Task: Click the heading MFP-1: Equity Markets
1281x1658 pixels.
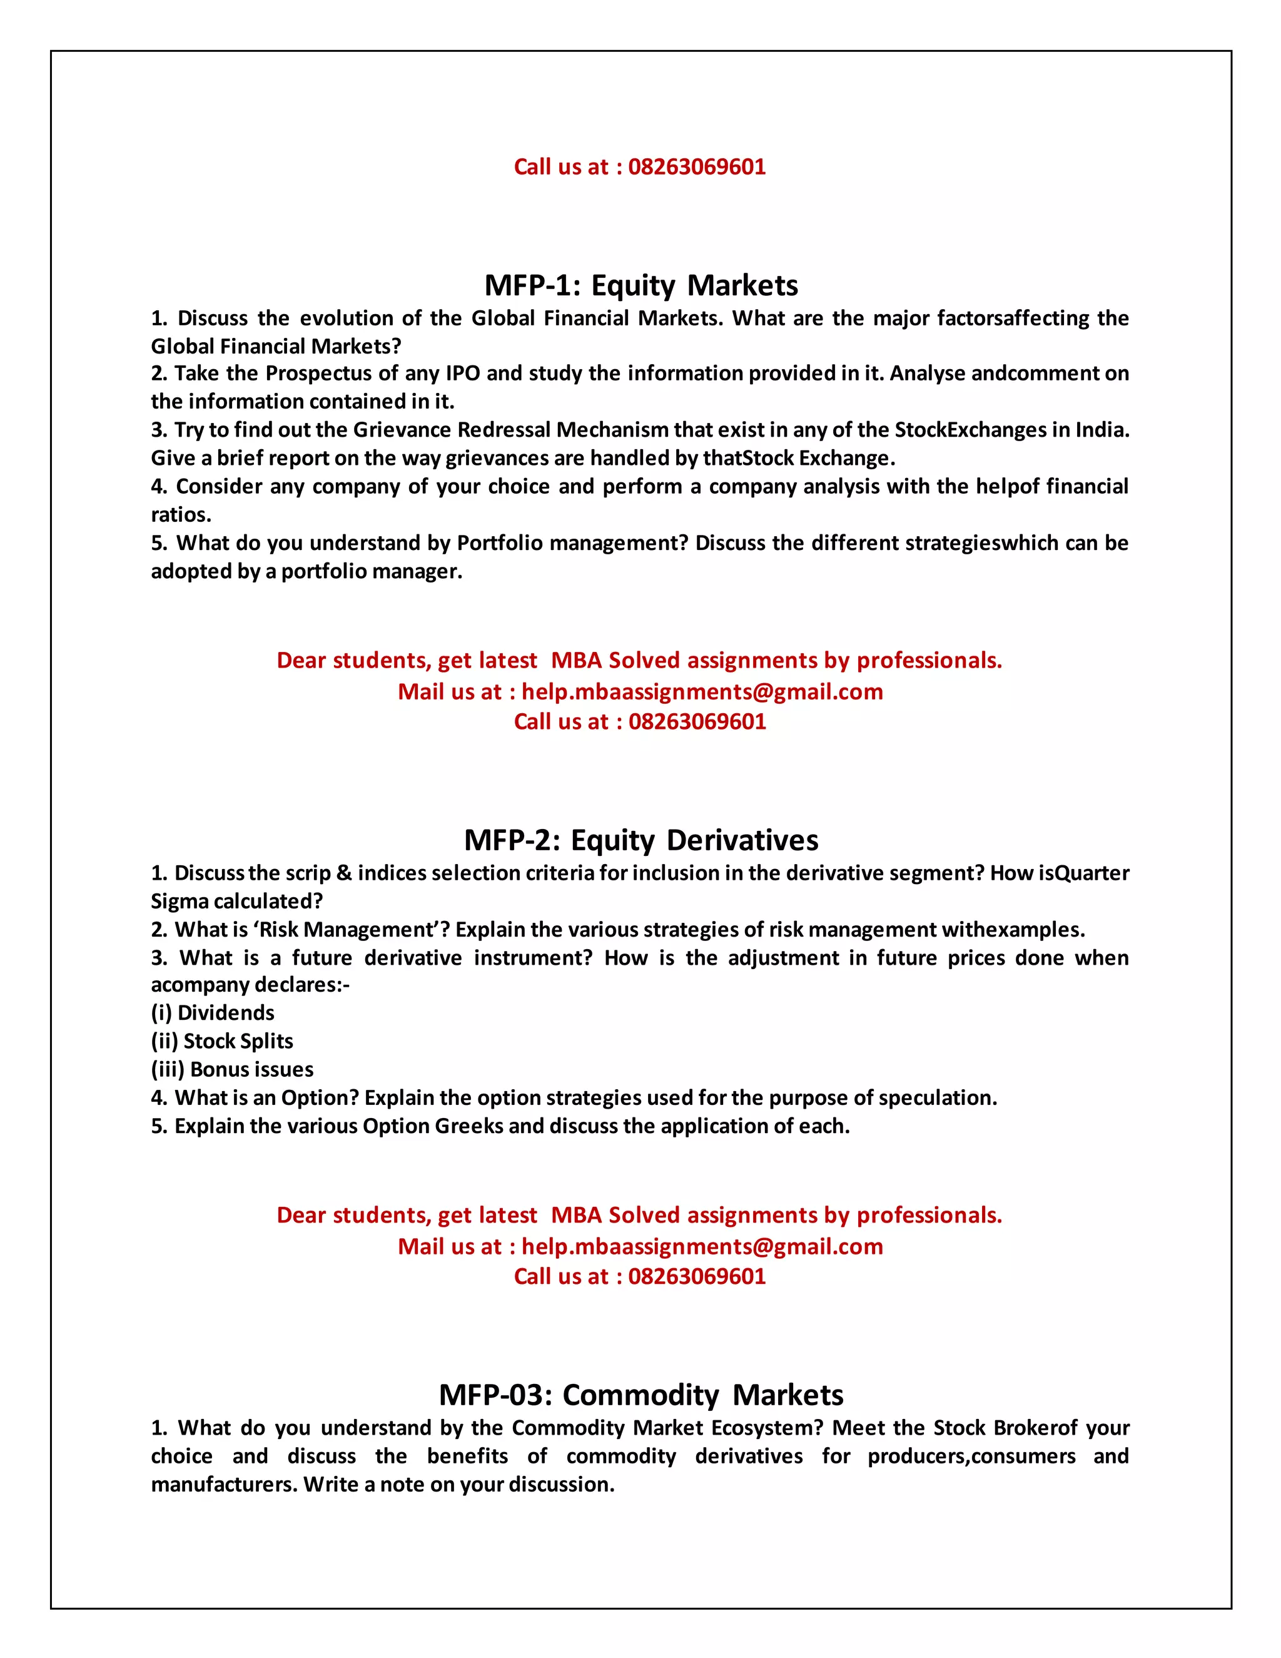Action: tap(640, 285)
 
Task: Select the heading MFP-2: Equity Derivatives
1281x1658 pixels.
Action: tap(640, 840)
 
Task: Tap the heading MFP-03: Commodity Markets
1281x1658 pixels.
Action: tap(640, 1395)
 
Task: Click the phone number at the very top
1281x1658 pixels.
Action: tap(697, 167)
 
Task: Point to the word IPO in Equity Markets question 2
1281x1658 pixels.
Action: tap(462, 374)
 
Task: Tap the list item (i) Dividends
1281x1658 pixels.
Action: tap(213, 1013)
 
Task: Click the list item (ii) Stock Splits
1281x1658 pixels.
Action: tap(221, 1041)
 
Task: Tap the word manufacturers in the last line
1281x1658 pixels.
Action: tap(224, 1484)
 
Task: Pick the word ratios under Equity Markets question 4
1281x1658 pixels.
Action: tap(181, 515)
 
